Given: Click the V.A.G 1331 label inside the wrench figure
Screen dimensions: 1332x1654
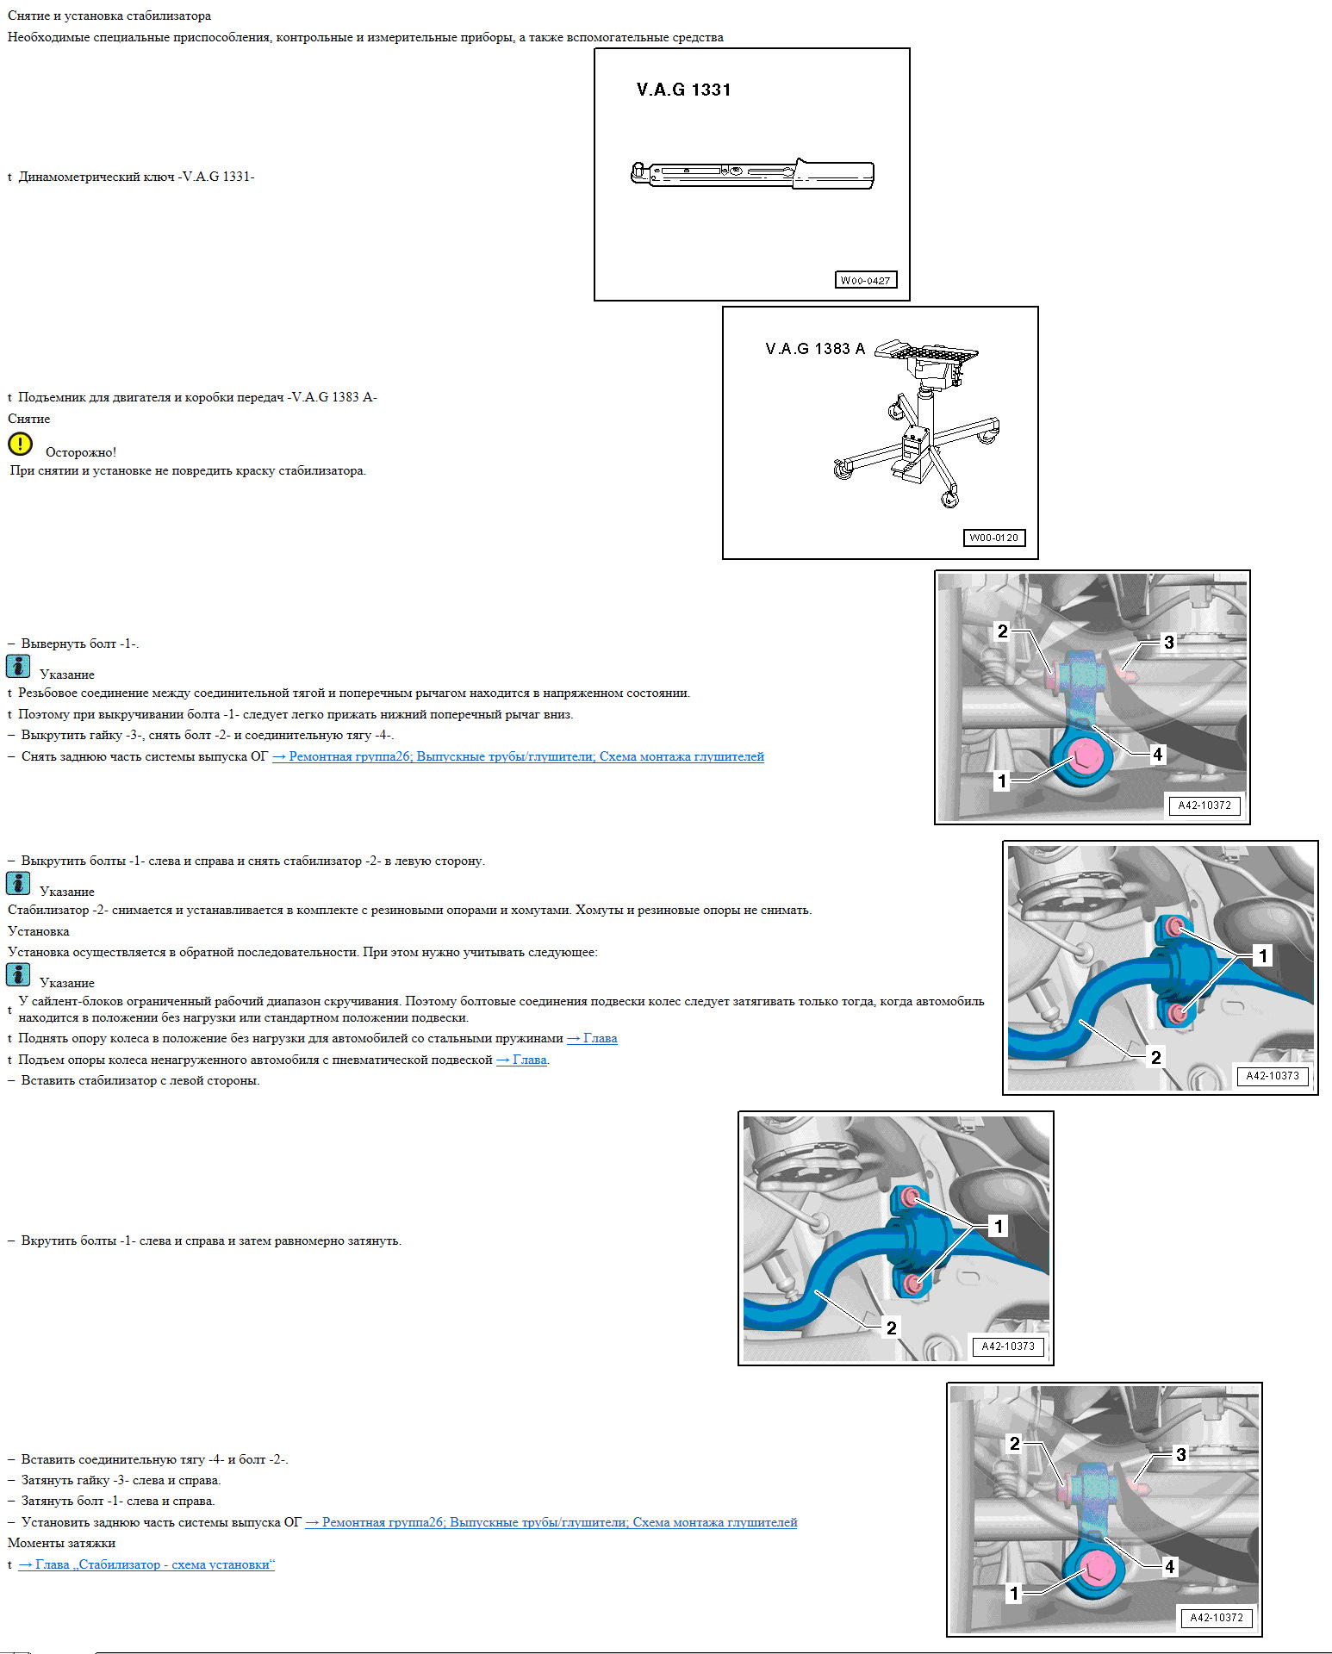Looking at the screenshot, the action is (683, 90).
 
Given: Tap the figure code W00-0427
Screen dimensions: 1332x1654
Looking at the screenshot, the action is (866, 280).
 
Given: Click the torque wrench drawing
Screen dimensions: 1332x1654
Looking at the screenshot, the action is (753, 172).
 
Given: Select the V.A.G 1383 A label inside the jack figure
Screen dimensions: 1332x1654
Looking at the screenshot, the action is (815, 349).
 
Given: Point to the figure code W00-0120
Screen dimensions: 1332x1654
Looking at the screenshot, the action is (993, 538).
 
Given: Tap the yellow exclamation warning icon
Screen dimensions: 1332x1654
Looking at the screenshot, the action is (20, 444).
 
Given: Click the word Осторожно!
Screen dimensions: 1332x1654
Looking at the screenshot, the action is (81, 452).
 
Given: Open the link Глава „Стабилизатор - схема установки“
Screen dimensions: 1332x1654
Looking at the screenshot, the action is (146, 1564).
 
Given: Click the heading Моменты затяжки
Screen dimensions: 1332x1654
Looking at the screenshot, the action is (61, 1543).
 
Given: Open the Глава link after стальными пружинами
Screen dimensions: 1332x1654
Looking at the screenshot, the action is (592, 1038).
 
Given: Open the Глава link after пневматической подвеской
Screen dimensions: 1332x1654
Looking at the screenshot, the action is (521, 1060).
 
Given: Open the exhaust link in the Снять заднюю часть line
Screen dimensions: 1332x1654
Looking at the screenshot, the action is (518, 756).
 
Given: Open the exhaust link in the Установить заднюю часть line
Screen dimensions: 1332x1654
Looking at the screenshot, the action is (551, 1522).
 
